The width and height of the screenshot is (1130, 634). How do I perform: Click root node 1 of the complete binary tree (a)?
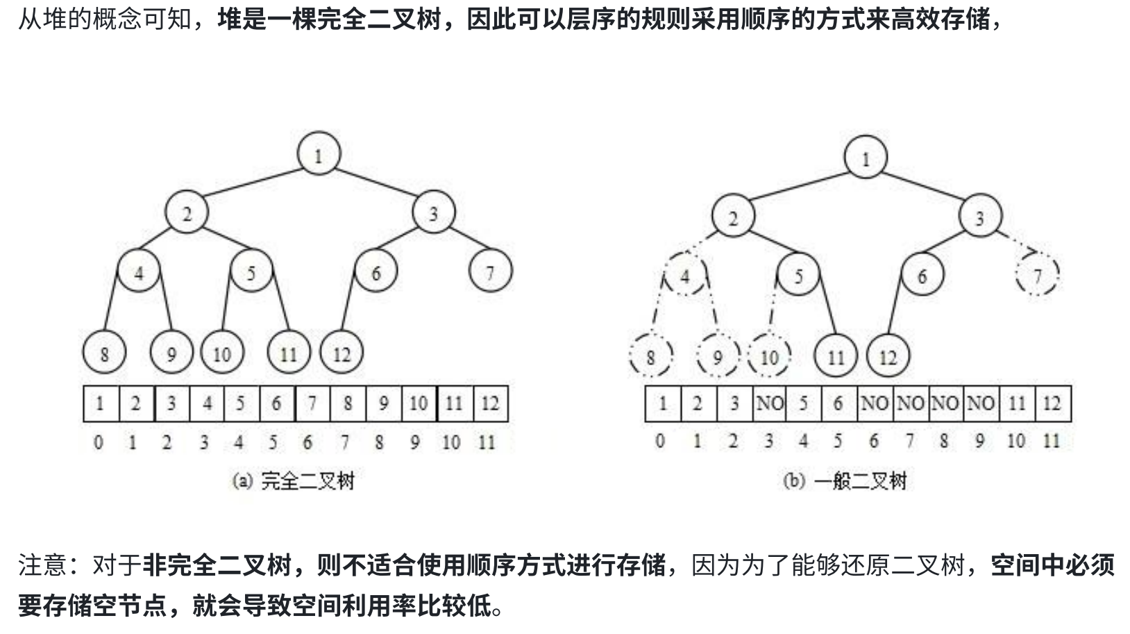point(319,154)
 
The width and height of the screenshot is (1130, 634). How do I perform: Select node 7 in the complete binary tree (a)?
point(490,271)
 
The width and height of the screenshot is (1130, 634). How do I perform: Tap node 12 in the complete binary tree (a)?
point(341,353)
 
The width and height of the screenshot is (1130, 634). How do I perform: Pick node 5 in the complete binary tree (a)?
point(251,271)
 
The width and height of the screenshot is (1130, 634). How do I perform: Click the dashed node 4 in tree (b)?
point(685,276)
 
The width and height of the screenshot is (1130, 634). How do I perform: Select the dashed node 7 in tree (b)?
point(1037,276)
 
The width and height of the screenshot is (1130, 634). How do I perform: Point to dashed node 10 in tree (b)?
point(769,357)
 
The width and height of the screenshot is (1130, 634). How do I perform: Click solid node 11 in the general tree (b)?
point(836,357)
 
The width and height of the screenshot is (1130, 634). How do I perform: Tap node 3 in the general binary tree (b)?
point(980,217)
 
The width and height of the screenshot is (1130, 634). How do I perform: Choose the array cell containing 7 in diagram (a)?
point(312,403)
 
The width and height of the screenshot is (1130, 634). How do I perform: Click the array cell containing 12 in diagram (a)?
point(490,403)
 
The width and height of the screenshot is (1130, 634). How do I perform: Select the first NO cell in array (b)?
point(769,403)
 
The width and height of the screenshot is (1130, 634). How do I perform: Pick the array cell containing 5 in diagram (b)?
point(804,403)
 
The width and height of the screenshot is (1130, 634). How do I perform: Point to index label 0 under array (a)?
point(99,442)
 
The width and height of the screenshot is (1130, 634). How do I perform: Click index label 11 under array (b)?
point(1052,441)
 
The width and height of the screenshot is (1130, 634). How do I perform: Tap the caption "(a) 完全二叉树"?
point(294,481)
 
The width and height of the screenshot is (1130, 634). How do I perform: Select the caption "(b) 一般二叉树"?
point(845,481)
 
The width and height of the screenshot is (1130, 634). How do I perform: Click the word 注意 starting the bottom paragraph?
point(42,566)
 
